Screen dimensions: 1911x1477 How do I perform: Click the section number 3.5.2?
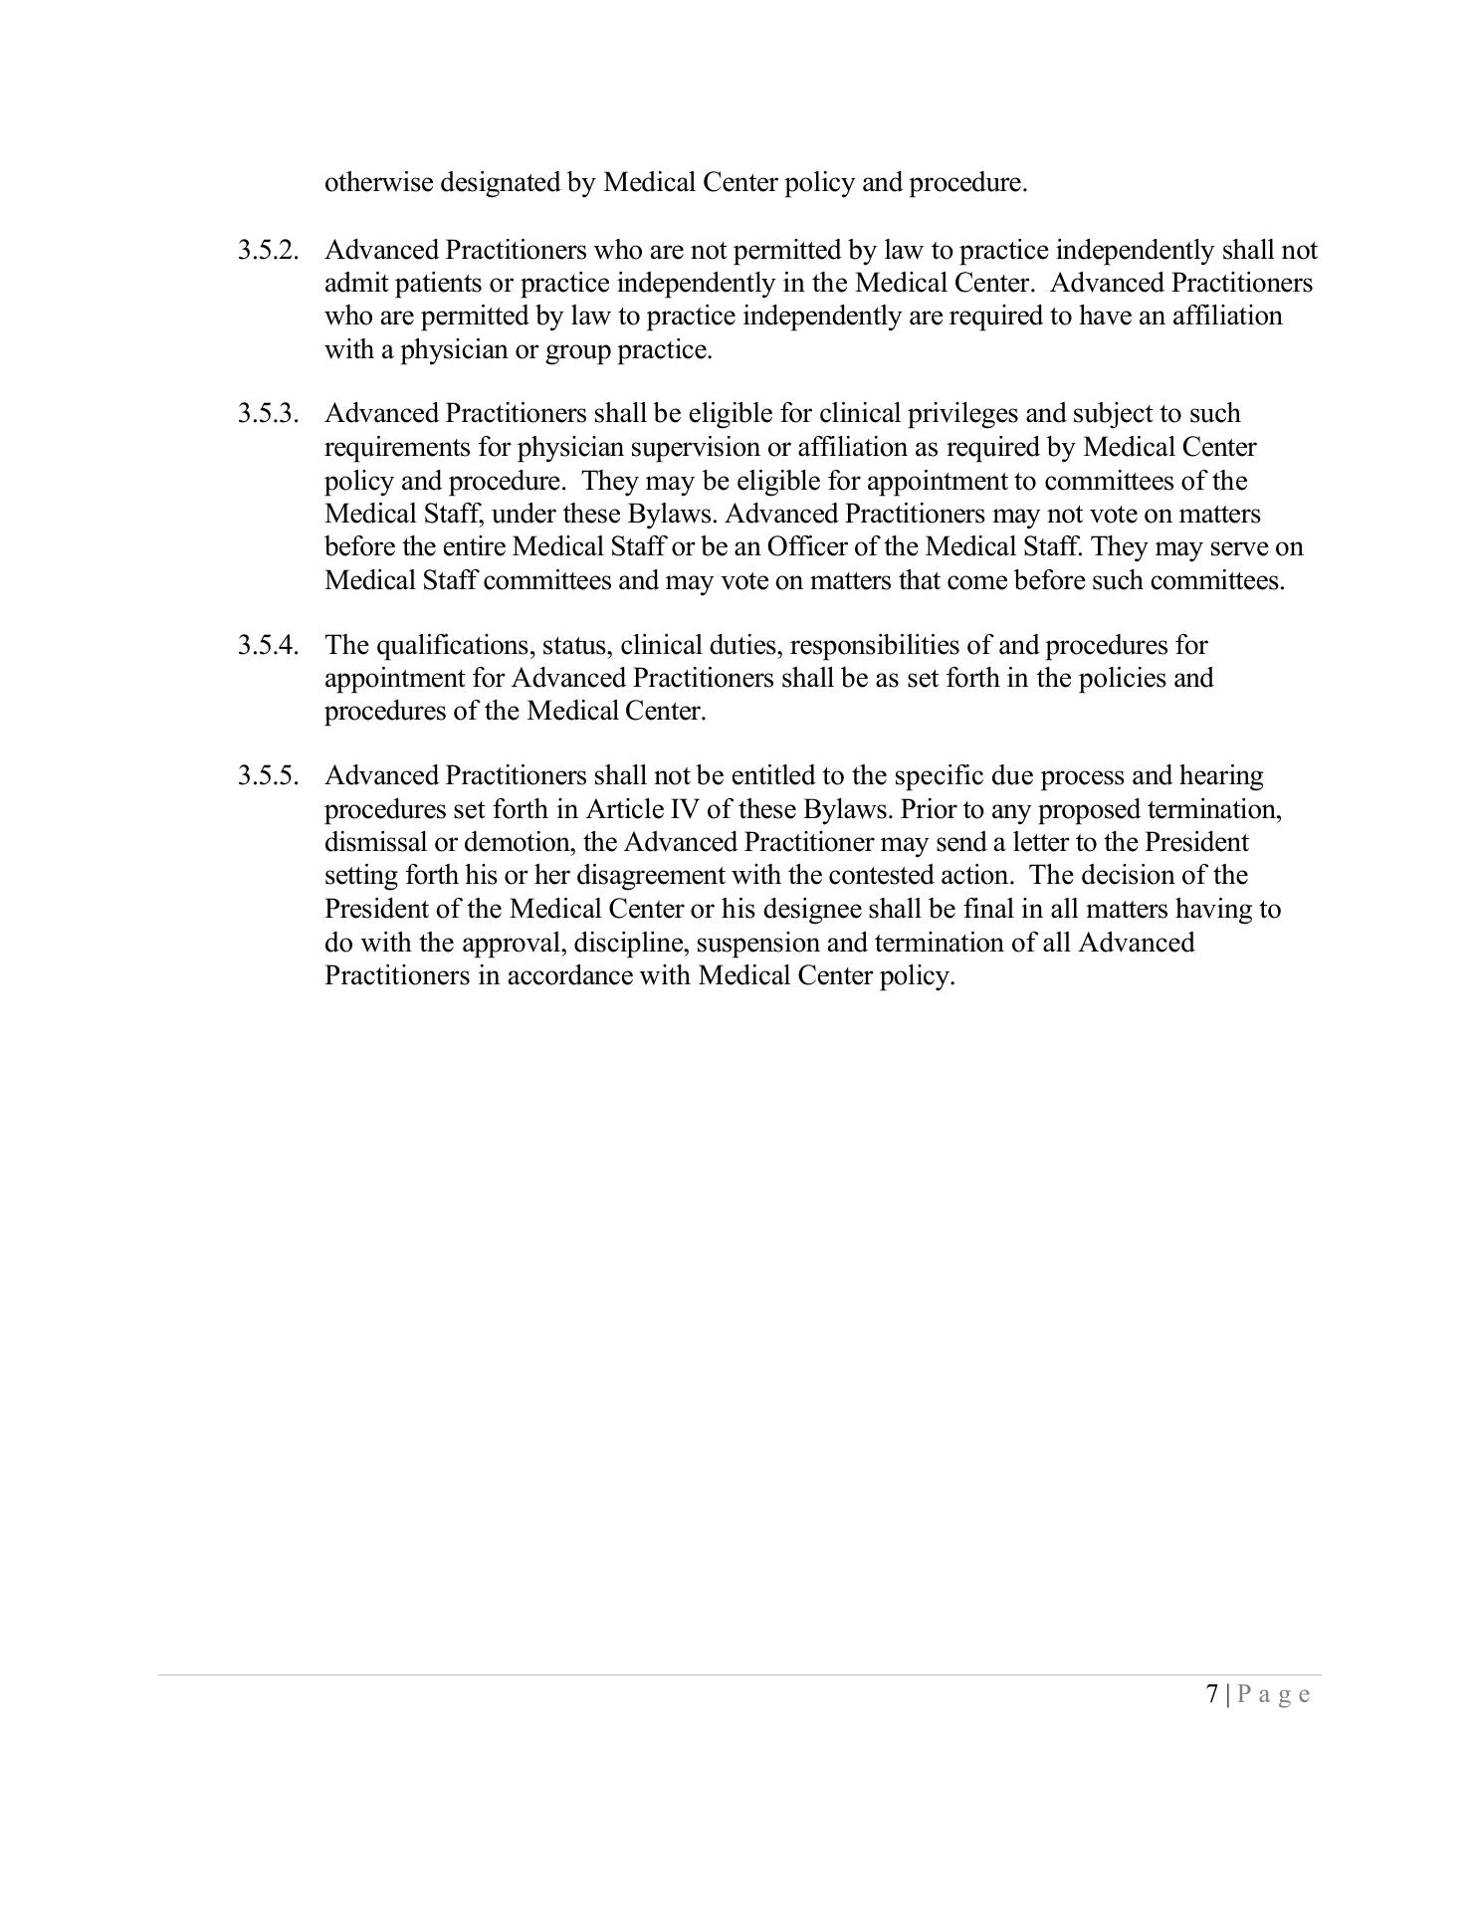coord(268,250)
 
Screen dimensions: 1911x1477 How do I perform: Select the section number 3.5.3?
coord(268,413)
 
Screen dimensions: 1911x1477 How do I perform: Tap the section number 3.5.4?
coord(268,645)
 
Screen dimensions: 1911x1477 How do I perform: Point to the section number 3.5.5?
coord(268,775)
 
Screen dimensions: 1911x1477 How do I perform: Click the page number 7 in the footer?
coord(1211,1694)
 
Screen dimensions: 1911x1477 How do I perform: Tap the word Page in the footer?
coord(1274,1694)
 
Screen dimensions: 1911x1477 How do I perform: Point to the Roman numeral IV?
coord(686,809)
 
